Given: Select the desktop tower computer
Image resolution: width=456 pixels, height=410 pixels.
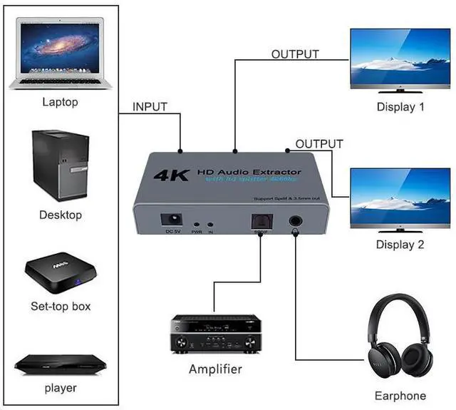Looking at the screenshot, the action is pos(60,165).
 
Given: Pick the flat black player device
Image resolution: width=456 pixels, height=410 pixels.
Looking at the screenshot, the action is pos(60,364).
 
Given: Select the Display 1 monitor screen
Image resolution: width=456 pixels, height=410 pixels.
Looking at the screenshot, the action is pos(400,58).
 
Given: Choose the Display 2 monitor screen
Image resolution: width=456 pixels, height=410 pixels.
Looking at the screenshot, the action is pos(400,198).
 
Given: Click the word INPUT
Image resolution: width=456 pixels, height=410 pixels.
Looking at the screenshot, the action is pos(150,107).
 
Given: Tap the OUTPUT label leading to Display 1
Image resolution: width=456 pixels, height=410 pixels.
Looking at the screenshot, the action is pos(295,54).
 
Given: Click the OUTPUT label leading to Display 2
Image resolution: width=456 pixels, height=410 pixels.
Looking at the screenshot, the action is pos(319,144).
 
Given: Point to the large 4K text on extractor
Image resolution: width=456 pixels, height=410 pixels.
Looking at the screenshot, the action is pos(170,173).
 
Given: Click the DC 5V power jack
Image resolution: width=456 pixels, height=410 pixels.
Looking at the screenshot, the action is pos(172,220).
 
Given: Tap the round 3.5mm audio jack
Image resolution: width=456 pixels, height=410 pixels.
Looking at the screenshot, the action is pos(295,222).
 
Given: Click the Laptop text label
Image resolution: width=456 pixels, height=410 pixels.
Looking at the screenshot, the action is pos(60,102).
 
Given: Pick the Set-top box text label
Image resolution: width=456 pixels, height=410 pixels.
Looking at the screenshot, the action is pos(61,307).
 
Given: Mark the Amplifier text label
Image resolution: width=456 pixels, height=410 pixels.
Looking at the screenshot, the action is pos(215,369).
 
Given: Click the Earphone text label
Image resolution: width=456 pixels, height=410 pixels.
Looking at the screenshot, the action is pos(400,396).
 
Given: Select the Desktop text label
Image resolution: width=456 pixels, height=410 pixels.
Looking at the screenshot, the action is pos(61,215).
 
